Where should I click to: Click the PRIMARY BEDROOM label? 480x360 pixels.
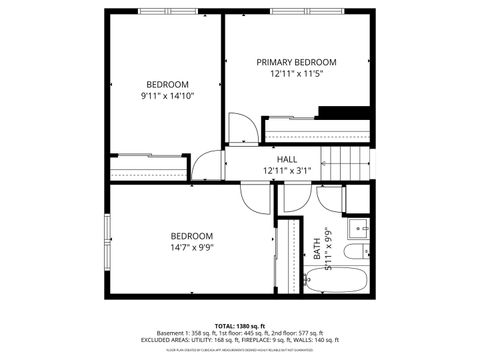tap(296, 62)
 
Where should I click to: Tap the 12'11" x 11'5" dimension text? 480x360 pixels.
tap(296, 75)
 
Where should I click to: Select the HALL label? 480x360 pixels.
tap(287, 159)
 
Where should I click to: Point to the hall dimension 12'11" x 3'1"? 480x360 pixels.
tap(287, 171)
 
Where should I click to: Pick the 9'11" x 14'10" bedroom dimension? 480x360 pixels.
tap(167, 96)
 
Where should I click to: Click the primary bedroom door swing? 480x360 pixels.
tap(241, 129)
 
